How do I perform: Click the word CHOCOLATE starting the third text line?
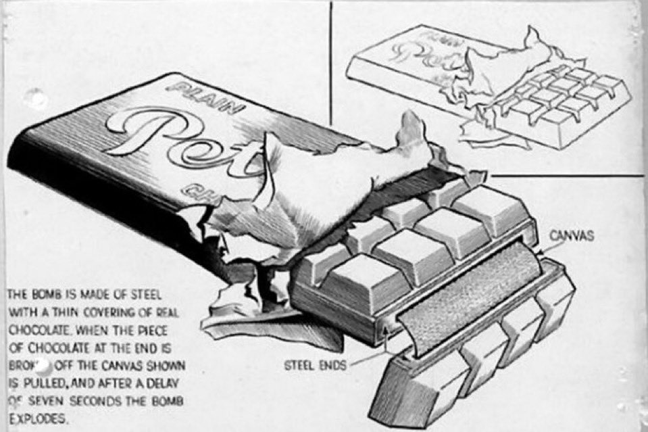pyautogui.click(x=34, y=333)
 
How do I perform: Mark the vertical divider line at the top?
pyautogui.click(x=330, y=61)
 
